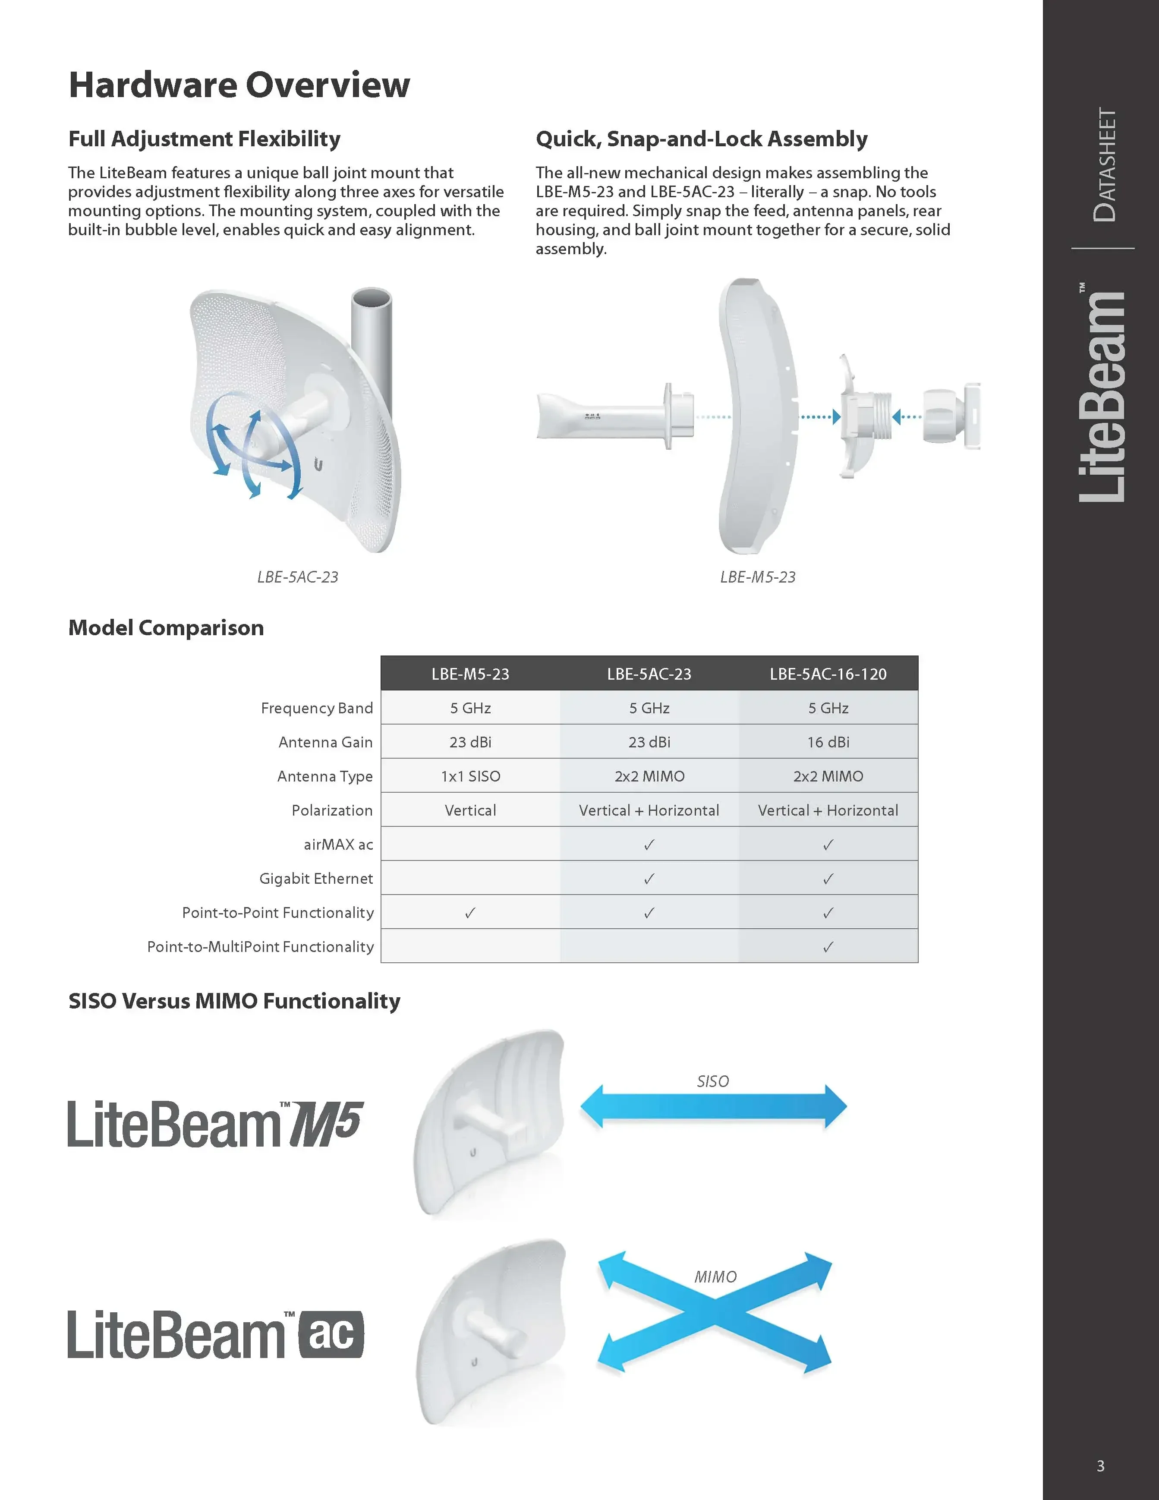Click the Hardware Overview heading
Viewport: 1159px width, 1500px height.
coord(239,85)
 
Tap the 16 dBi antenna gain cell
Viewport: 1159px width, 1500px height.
coord(828,742)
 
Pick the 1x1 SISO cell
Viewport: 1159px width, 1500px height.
coord(470,776)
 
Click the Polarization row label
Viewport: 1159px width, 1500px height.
coord(332,810)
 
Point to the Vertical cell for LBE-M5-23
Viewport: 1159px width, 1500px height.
coord(470,810)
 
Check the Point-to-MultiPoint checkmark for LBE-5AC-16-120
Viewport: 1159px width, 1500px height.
coord(828,947)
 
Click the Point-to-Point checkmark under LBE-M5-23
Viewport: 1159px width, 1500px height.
coord(470,913)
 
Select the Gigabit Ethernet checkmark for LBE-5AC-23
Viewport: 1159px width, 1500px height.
coord(649,879)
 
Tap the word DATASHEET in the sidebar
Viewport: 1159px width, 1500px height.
coord(1105,165)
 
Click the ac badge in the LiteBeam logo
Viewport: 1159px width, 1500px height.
coord(331,1334)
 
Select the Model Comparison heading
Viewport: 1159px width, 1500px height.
coord(166,628)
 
